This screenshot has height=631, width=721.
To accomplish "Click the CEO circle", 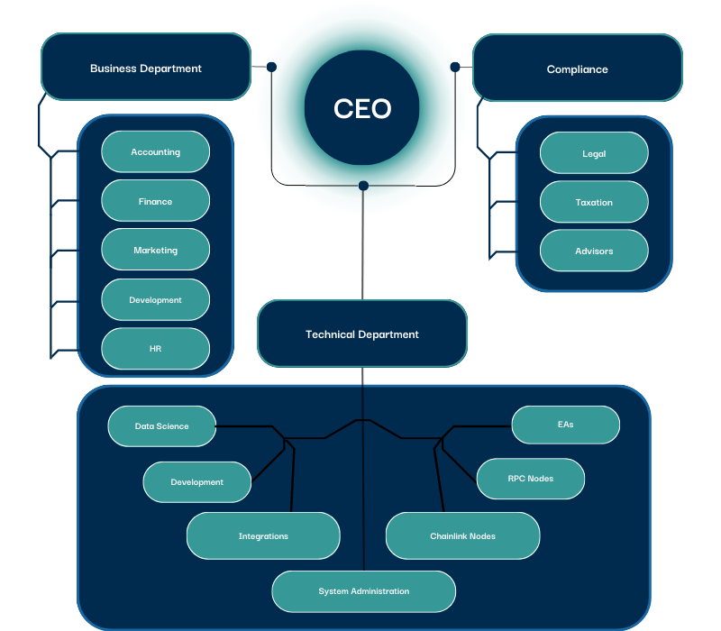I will coord(362,109).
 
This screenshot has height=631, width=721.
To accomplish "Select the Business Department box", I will coord(146,68).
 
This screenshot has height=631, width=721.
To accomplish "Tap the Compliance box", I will coord(577,69).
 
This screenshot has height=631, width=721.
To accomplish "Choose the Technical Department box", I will coord(362,334).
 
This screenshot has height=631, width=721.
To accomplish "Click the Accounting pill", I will coord(155,152).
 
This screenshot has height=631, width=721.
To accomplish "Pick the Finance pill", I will coord(155,202).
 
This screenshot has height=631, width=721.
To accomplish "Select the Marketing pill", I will coord(155,251).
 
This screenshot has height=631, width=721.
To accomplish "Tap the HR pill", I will coord(155,349).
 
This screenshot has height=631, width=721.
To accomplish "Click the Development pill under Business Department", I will coord(155,300).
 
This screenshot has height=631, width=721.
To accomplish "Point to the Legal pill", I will coord(594,154).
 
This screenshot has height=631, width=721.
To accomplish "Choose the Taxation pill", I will coord(594,203).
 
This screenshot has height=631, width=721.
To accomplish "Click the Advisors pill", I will coord(594,251).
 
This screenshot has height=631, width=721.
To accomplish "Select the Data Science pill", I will coord(162,426).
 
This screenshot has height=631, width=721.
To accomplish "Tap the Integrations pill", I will coord(263,536).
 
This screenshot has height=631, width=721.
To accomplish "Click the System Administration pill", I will coord(364,591).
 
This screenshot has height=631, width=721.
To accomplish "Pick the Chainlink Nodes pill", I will coord(462,536).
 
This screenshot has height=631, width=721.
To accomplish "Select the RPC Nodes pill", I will coord(530,479).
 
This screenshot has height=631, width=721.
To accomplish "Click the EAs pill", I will coord(566,425).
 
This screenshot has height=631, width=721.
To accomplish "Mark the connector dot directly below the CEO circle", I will coord(363,186).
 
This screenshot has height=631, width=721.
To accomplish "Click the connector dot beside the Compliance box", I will coord(455,67).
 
